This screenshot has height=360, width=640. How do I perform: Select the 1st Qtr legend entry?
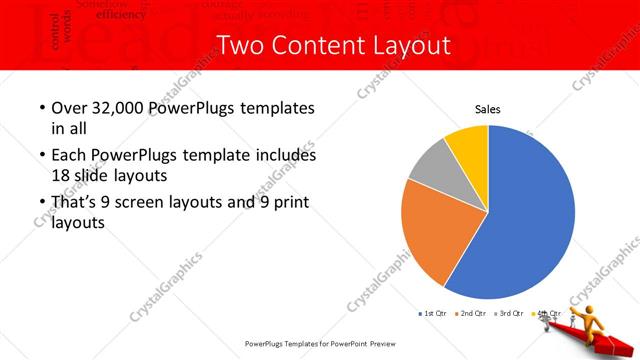(431, 314)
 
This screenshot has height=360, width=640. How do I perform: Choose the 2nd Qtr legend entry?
(469, 314)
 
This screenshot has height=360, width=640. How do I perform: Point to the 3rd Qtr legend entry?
(507, 314)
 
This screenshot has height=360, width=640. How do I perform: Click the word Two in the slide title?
(237, 46)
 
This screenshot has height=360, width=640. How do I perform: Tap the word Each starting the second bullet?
(67, 155)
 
